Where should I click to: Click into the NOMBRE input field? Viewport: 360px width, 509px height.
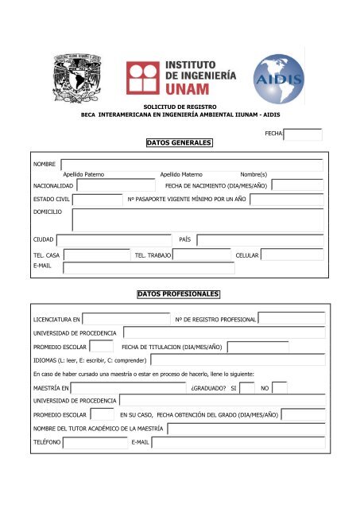pos(192,165)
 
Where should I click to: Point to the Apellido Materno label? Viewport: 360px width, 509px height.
pos(181,173)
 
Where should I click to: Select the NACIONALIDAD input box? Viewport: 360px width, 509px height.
pos(99,185)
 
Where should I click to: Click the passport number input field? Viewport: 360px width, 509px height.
pos(286,199)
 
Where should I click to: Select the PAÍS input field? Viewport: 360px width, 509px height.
pos(260,239)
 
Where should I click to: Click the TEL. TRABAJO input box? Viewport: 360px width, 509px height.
pos(202,254)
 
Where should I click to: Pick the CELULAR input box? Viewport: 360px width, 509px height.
pos(292,254)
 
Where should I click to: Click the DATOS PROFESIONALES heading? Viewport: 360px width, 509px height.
pos(180,294)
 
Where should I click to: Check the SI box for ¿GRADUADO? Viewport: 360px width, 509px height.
pos(247,387)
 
